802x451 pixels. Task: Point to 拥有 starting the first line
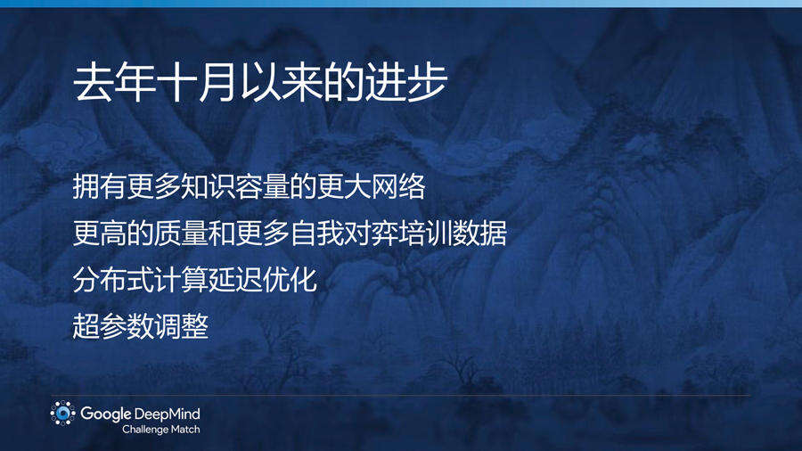(x=99, y=186)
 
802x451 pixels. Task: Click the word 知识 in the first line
(x=209, y=186)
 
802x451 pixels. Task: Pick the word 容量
(x=262, y=186)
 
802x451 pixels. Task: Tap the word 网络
(x=398, y=186)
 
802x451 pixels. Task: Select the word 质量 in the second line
(x=181, y=234)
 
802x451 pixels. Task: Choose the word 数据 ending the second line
(x=479, y=234)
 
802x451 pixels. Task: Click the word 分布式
(x=113, y=279)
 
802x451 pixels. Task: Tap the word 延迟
(x=235, y=279)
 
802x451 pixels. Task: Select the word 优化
(x=290, y=279)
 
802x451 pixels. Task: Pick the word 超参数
(x=113, y=325)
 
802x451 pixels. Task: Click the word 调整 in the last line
(x=181, y=325)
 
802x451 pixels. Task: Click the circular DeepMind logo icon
(x=63, y=414)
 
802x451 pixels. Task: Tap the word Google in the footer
(x=105, y=414)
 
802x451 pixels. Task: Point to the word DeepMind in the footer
(x=168, y=414)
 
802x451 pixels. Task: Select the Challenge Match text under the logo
(x=160, y=430)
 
